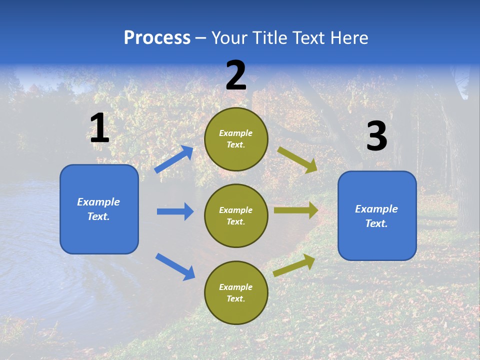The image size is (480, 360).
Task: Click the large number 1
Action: (x=99, y=128)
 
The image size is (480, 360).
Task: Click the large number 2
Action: (x=236, y=75)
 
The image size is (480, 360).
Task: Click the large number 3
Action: (x=376, y=136)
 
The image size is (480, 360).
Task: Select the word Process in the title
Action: (x=157, y=37)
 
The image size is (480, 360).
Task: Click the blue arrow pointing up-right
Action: (x=174, y=159)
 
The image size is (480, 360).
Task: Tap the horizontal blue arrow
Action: (x=175, y=211)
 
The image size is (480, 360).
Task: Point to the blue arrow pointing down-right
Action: (x=175, y=266)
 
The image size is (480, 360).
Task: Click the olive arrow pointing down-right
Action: (x=297, y=159)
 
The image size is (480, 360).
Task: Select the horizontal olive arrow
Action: (x=295, y=210)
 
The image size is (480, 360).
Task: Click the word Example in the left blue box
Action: (x=98, y=202)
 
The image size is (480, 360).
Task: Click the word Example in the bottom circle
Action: (x=235, y=287)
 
